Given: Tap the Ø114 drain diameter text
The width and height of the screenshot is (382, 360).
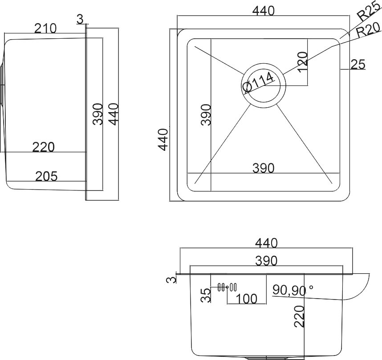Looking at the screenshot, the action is (259, 83).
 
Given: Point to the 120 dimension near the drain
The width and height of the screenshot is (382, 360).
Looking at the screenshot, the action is (303, 62).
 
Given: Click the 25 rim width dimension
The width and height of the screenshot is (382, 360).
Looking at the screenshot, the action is (358, 65).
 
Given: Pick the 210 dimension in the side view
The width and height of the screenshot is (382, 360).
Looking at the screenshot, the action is (45, 28).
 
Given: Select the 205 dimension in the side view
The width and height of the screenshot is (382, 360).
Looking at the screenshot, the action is (47, 177).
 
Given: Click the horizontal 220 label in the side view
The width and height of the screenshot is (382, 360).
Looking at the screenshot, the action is (43, 147).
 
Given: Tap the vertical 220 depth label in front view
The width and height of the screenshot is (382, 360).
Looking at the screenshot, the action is (300, 316).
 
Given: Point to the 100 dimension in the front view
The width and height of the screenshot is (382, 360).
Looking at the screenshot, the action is (246, 299).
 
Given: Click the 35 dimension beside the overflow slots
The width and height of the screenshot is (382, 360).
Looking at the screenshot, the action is (206, 295).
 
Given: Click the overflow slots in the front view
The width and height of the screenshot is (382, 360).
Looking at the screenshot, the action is (228, 287).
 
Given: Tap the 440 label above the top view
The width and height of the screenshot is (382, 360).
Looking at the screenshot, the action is (264, 11).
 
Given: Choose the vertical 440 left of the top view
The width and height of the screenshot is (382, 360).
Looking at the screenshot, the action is (163, 140).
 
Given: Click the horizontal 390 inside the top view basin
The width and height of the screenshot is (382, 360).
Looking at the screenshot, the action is (264, 168).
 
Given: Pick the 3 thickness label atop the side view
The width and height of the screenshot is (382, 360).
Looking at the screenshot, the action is (80, 19).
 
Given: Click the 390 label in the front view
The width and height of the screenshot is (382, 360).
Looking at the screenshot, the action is (266, 261).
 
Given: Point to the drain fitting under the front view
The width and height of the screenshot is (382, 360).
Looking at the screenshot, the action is (266, 358).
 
